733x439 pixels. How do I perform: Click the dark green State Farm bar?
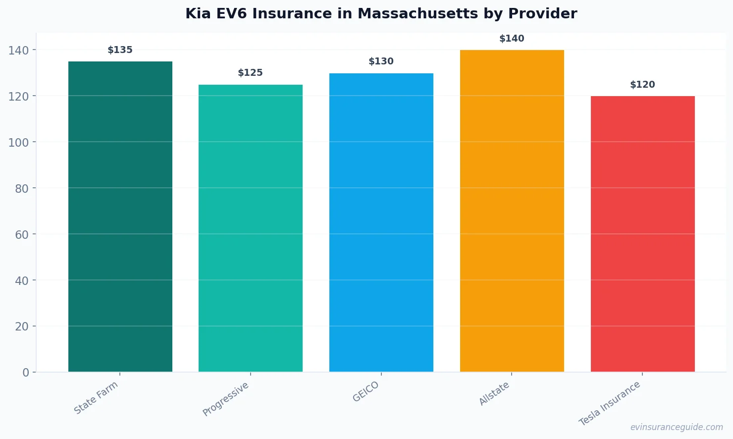[x=120, y=217]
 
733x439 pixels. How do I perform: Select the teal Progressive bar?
[x=251, y=228]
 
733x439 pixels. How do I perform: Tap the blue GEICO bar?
[x=381, y=222]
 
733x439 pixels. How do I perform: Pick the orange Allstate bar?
[x=512, y=211]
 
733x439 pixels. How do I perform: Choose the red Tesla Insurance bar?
[x=642, y=234]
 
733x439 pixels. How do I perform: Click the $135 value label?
[x=120, y=50]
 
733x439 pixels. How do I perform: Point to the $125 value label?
[x=251, y=73]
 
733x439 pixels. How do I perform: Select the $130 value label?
[x=381, y=61]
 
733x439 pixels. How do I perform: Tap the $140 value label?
[x=512, y=39]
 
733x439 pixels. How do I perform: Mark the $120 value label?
[x=642, y=85]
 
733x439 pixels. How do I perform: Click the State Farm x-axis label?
[x=96, y=397]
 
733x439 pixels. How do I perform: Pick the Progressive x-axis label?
[x=226, y=399]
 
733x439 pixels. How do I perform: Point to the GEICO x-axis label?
[x=366, y=391]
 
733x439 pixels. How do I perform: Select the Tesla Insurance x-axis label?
[x=610, y=403]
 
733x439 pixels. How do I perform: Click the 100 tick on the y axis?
[x=18, y=142]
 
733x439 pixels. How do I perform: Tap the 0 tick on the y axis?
[x=26, y=373]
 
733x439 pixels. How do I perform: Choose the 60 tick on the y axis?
[x=22, y=234]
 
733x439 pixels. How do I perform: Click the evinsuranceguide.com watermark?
[x=677, y=427]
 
